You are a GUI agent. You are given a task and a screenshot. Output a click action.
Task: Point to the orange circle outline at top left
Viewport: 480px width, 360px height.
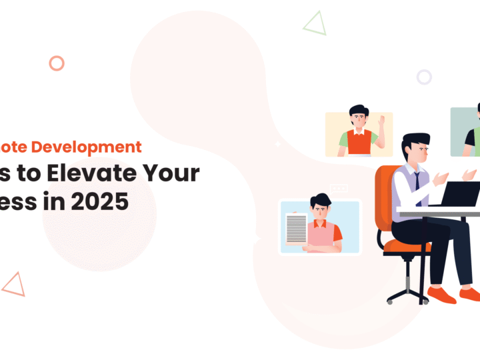click(57, 63)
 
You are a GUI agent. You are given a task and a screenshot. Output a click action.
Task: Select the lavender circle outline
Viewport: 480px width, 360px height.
click(424, 77)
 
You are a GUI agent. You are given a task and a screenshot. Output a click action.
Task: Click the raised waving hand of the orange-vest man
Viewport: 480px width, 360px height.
click(381, 123)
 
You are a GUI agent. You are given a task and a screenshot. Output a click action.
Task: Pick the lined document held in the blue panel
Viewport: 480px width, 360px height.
click(296, 227)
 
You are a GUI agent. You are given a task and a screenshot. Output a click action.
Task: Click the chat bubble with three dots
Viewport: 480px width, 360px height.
click(339, 189)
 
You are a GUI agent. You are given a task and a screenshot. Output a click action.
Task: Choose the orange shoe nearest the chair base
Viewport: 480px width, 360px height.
click(441, 294)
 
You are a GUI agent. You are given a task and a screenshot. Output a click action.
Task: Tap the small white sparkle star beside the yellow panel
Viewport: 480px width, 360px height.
click(278, 143)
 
